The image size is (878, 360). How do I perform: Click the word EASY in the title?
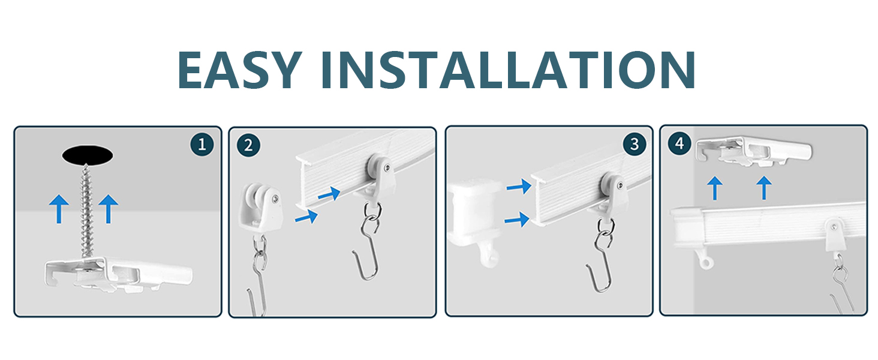239,70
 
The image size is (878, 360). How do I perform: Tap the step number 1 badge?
202,144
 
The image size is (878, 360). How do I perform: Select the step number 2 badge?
248,145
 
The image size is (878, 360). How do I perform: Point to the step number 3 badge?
634,144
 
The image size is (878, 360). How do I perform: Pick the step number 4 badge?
679,144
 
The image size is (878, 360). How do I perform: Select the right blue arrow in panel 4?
763,187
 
